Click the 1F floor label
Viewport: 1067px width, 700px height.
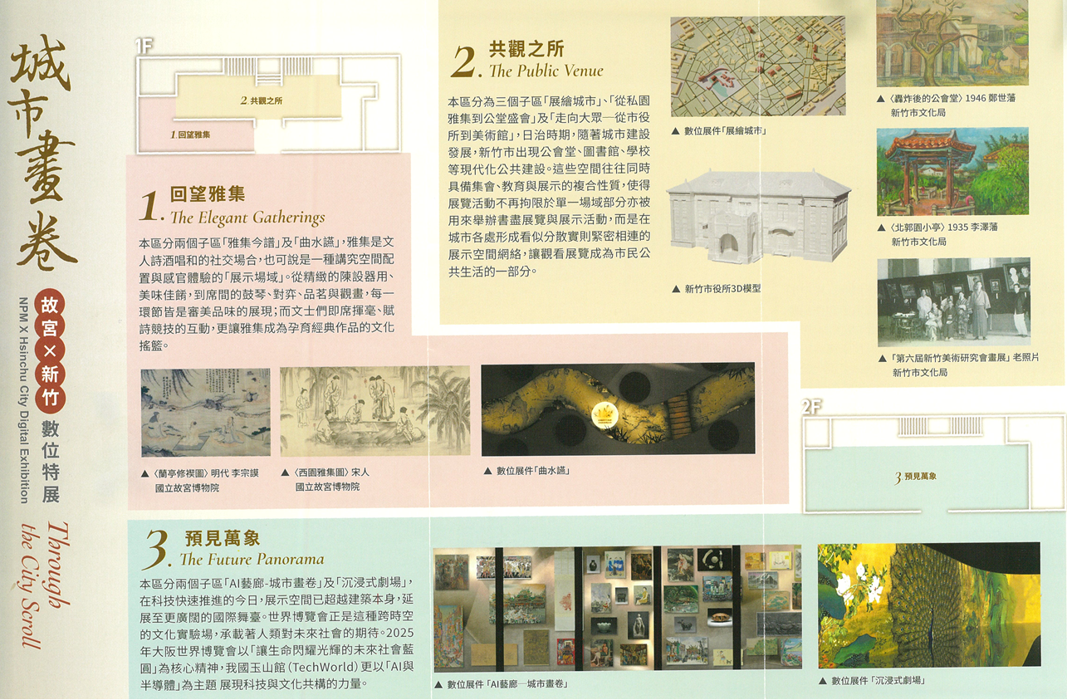click(x=144, y=47)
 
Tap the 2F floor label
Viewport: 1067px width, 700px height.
click(x=811, y=407)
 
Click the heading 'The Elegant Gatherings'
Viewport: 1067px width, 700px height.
click(x=247, y=218)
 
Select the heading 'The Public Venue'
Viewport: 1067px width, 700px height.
click(x=546, y=71)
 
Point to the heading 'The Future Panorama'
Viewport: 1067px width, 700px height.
click(x=252, y=559)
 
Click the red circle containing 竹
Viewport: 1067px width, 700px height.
click(x=50, y=397)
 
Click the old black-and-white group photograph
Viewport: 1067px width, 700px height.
click(x=953, y=302)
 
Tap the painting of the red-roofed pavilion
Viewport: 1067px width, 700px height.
click(x=952, y=171)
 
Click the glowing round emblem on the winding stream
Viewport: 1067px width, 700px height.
click(x=604, y=415)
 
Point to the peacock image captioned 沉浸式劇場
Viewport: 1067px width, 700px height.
click(x=929, y=605)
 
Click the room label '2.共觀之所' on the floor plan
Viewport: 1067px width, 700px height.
click(x=261, y=101)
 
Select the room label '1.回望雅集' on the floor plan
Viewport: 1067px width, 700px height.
click(x=190, y=135)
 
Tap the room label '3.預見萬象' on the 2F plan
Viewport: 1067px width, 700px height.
click(x=916, y=477)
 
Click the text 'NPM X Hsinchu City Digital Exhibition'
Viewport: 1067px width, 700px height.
click(x=24, y=400)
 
